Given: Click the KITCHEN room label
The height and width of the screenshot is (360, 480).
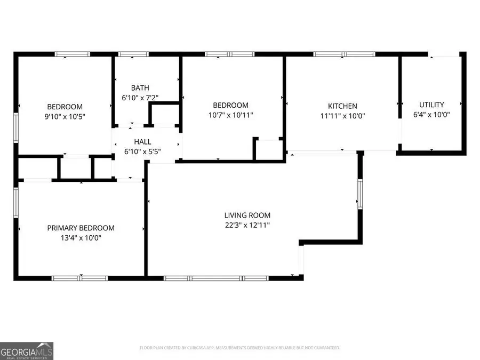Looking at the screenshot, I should pyautogui.click(x=342, y=106).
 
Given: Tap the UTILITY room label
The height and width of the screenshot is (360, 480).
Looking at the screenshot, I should pyautogui.click(x=431, y=105).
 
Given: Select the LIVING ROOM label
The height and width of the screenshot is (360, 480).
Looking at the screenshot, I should pyautogui.click(x=247, y=215).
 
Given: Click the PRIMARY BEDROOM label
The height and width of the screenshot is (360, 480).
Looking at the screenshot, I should pyautogui.click(x=81, y=228).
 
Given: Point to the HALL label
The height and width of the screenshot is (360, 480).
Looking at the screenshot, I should pyautogui.click(x=142, y=142).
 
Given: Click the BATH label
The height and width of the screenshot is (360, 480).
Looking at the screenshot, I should pyautogui.click(x=140, y=88).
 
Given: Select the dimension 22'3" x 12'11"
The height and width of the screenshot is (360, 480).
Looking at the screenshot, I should pyautogui.click(x=247, y=225).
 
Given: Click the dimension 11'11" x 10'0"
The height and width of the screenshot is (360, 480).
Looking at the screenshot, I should pyautogui.click(x=342, y=116).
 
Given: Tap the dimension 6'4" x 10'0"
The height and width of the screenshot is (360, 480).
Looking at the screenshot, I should pyautogui.click(x=431, y=115).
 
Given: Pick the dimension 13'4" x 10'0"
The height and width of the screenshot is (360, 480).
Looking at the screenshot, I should pyautogui.click(x=81, y=238).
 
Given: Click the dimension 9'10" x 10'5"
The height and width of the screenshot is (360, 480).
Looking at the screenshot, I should pyautogui.click(x=65, y=116).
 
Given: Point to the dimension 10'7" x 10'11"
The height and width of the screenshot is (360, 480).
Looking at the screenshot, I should pyautogui.click(x=230, y=115).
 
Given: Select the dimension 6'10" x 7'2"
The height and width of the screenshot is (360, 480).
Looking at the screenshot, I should pyautogui.click(x=140, y=98).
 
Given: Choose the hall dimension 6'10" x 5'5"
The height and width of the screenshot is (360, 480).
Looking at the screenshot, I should pyautogui.click(x=142, y=151).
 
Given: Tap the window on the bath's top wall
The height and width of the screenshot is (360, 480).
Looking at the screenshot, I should pyautogui.click(x=133, y=54).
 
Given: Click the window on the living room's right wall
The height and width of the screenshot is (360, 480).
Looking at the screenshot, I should pyautogui.click(x=360, y=193).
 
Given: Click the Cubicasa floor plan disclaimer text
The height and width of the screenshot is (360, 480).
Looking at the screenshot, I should pyautogui.click(x=239, y=348).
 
